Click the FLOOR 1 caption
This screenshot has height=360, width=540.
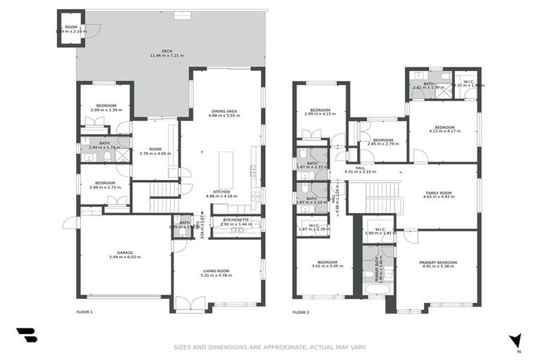84,311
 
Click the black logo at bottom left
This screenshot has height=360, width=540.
26,336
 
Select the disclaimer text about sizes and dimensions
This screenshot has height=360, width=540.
270,347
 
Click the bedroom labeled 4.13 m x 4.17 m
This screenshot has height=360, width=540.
444,131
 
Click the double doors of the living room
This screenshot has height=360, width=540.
189,304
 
